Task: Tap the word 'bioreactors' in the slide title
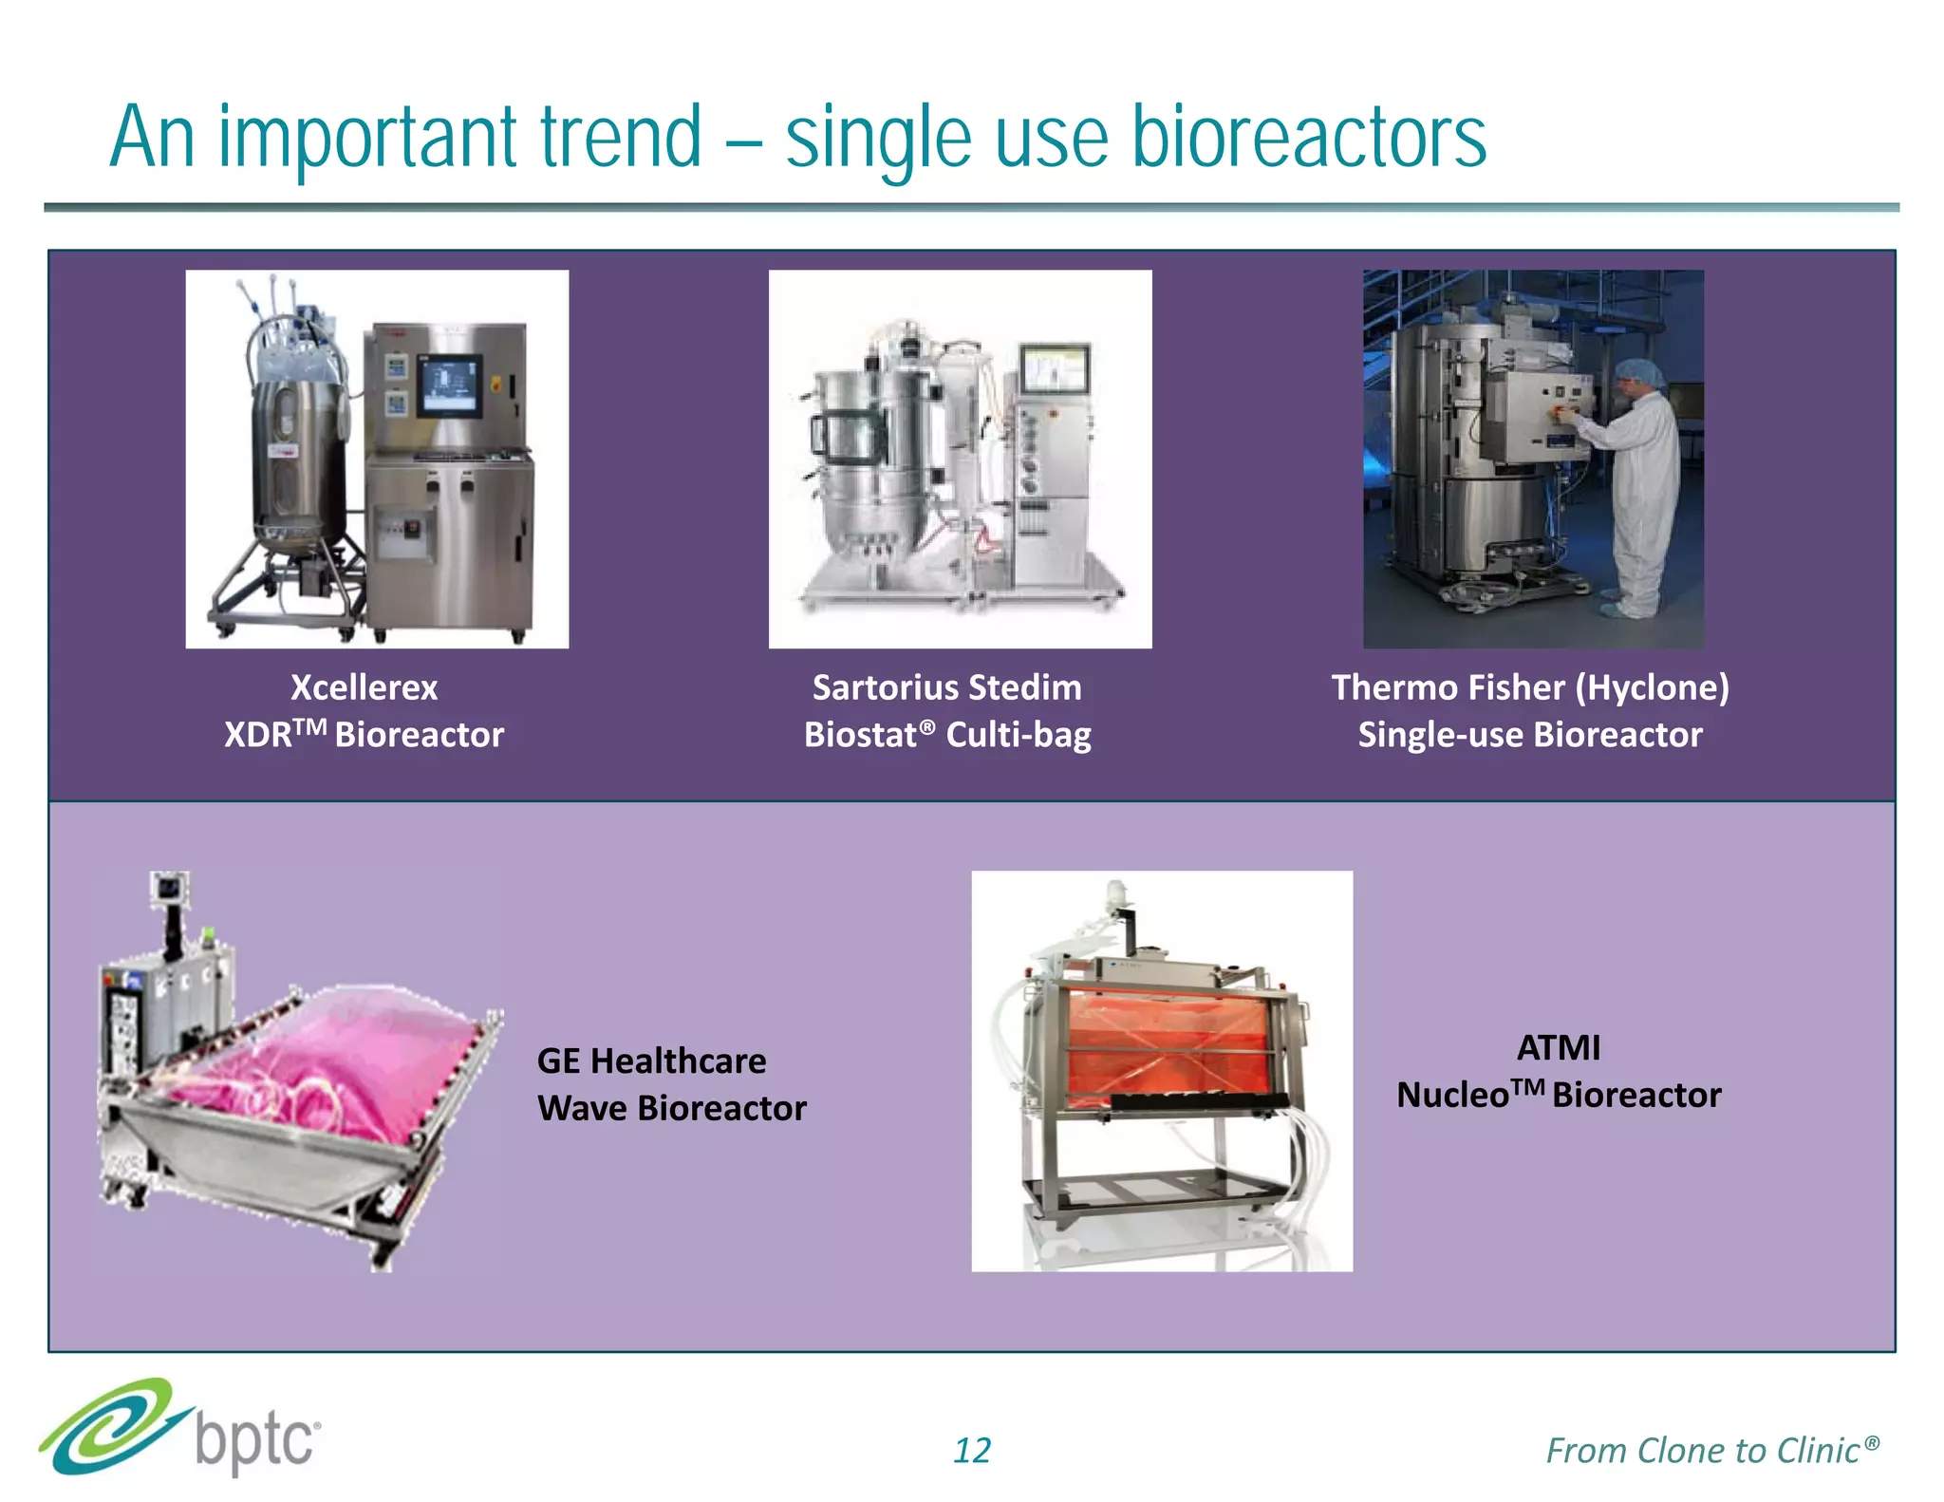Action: (x=1309, y=138)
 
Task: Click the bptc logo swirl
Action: (x=109, y=1427)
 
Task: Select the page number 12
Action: (x=971, y=1450)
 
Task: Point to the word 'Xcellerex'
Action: (x=364, y=687)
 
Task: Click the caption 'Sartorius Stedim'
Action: (x=946, y=687)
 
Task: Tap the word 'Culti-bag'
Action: (x=1019, y=735)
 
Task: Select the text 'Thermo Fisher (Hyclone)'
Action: (x=1530, y=687)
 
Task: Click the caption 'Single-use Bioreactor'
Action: (x=1530, y=735)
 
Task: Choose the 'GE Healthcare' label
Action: (x=651, y=1061)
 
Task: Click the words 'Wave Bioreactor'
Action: (x=671, y=1108)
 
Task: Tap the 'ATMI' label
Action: (x=1558, y=1048)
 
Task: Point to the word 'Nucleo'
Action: (x=1452, y=1096)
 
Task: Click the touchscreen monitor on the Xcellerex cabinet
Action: (x=450, y=384)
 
